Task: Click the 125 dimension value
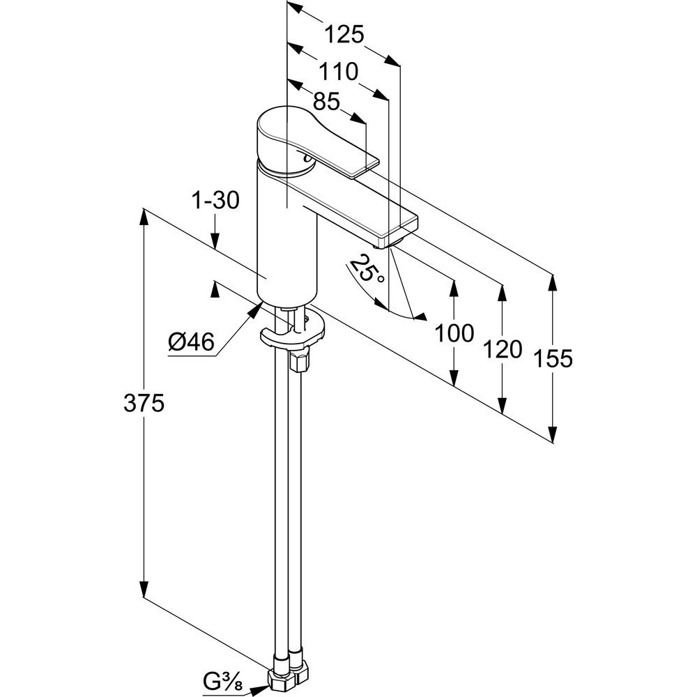point(343,34)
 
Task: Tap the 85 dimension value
point(325,102)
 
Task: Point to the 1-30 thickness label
point(216,201)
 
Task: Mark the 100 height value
point(454,333)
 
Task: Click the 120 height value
point(502,348)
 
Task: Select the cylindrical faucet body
point(286,237)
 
